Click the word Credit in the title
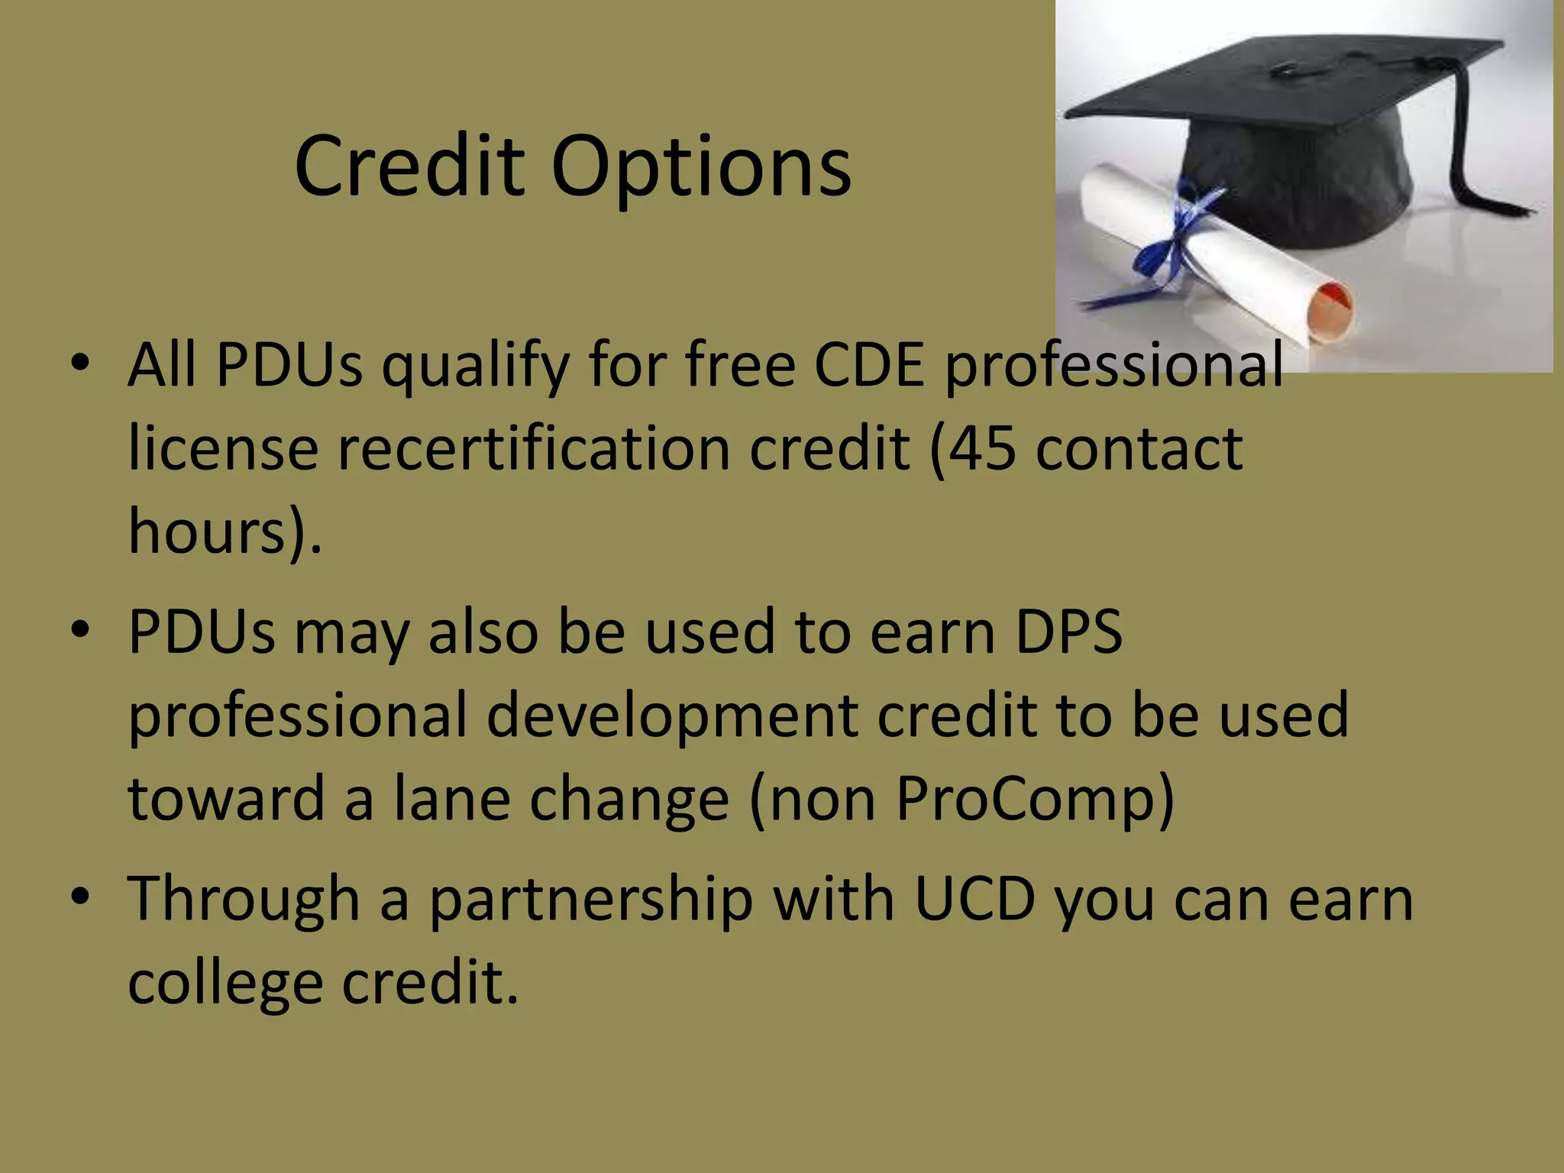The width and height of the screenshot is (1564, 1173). click(409, 166)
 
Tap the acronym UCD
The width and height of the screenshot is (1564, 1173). click(974, 899)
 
